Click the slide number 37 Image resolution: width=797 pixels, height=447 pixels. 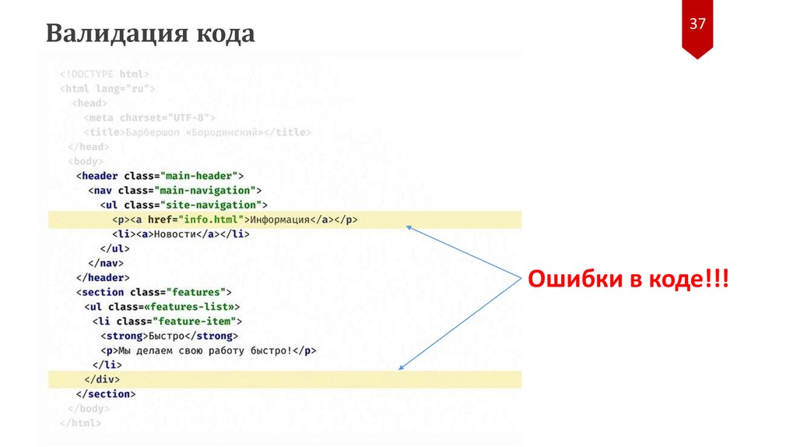click(697, 24)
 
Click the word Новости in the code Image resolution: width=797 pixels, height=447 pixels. click(173, 234)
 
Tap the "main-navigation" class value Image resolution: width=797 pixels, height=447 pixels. click(205, 190)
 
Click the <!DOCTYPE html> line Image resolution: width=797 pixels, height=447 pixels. click(104, 74)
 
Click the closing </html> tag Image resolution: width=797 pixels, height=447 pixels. click(81, 423)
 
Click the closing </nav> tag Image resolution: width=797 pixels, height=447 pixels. click(104, 263)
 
